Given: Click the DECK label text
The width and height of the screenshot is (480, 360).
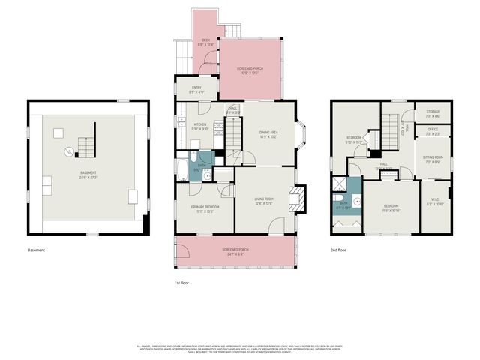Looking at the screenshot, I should (x=205, y=40).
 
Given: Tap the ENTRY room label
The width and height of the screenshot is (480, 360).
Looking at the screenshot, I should (x=196, y=88).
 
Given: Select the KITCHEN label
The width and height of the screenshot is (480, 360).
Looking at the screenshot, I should (x=200, y=125).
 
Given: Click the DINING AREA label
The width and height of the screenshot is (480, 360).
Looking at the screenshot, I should (x=268, y=133).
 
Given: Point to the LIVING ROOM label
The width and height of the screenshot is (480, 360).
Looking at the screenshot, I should (x=262, y=199).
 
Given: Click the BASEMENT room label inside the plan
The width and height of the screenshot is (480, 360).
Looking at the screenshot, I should (x=88, y=173).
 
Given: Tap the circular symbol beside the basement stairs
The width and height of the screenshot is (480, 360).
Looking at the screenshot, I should (x=69, y=152).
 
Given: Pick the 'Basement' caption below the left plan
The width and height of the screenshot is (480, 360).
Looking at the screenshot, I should (x=36, y=250).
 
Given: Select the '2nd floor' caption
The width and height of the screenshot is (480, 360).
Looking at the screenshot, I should (x=339, y=250).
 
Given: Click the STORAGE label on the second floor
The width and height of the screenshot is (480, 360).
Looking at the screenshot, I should (x=432, y=113).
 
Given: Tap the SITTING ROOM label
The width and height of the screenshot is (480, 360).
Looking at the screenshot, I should (x=433, y=158).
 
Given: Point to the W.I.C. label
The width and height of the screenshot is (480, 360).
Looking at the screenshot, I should (x=435, y=202).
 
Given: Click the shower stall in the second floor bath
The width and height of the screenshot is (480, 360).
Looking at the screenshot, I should (x=339, y=186).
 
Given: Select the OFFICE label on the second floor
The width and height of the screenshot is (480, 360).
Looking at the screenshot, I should (x=433, y=131).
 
